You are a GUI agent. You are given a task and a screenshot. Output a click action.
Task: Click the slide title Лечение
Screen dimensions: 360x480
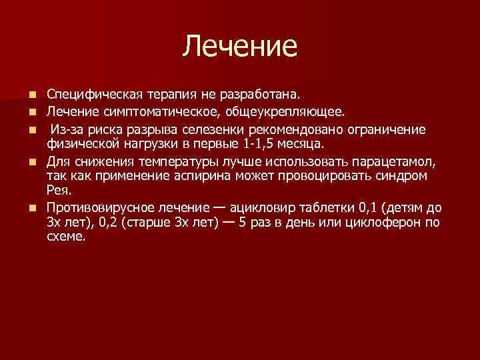point(240,46)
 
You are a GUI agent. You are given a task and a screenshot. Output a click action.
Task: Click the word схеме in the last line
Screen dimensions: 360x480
point(65,237)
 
